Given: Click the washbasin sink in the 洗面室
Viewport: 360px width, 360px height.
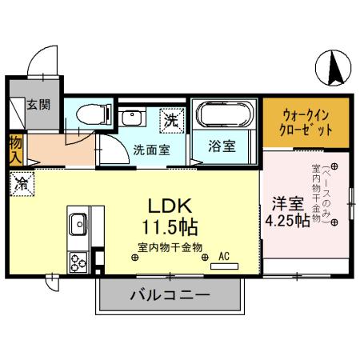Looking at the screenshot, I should [130, 118].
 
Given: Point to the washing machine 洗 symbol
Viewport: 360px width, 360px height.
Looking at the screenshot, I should [170, 120].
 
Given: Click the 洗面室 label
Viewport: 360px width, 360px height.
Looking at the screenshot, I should [150, 148].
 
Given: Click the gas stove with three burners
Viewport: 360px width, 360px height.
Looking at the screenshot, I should [78, 262].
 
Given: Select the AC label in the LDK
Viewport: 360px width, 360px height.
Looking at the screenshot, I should [224, 255].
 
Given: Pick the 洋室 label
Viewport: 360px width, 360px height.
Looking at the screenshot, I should [286, 203].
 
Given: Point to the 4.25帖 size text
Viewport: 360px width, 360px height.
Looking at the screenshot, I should [287, 222].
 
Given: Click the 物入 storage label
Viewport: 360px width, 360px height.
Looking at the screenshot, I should [15, 149].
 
